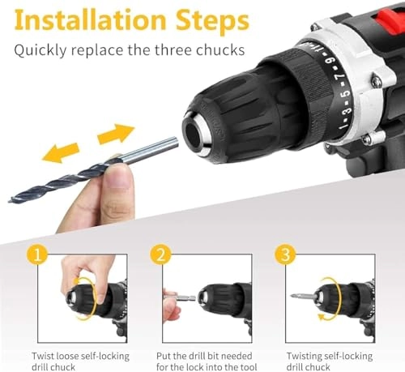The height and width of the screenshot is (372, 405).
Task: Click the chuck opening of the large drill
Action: tap(199, 129)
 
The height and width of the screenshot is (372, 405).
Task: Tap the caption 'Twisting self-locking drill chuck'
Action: tap(328, 361)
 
